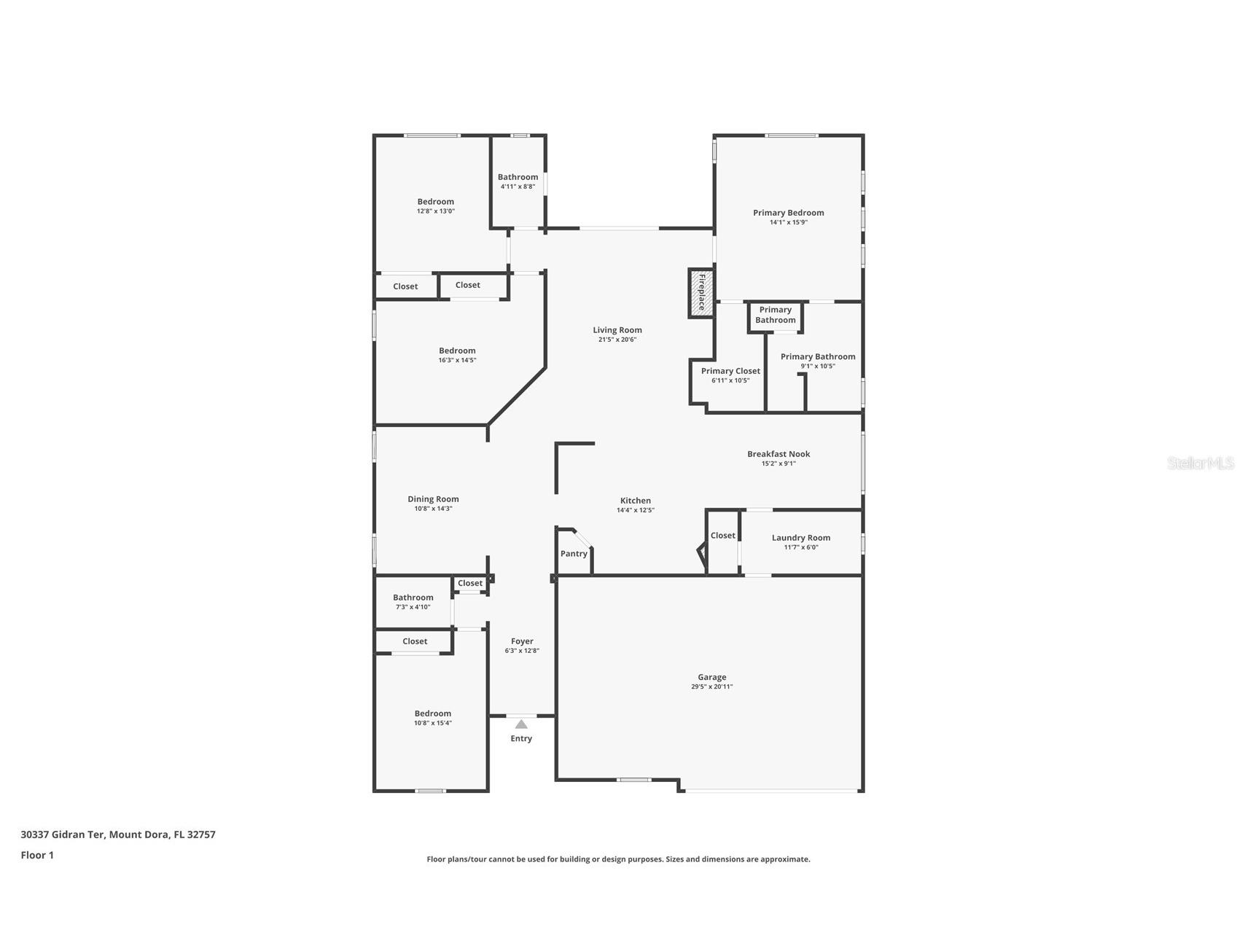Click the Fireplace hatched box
(x=701, y=292)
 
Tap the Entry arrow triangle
(x=521, y=724)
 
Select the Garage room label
(x=711, y=677)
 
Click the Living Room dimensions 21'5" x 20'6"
(x=617, y=340)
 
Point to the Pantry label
(x=574, y=554)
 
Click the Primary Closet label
(x=730, y=371)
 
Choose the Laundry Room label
(x=800, y=538)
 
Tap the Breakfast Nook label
(x=779, y=454)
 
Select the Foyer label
(x=522, y=641)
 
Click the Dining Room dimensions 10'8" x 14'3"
(x=433, y=509)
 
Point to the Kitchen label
(x=635, y=501)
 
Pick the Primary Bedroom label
(x=788, y=213)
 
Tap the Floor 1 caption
(x=37, y=855)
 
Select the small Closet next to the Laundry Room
(x=722, y=536)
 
